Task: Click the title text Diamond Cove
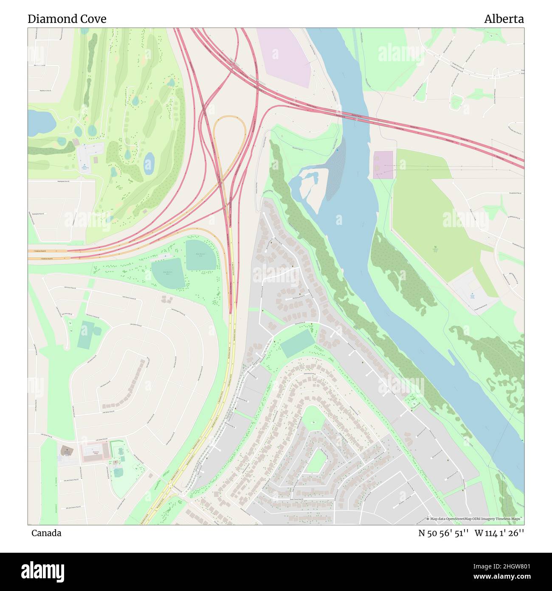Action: tap(67, 19)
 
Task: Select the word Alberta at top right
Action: tap(504, 19)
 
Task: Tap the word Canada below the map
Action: tap(46, 533)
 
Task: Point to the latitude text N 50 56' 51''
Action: tap(443, 533)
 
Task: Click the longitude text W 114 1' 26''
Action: tap(499, 533)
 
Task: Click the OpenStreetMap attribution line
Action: tap(475, 519)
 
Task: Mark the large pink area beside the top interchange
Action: tap(283, 55)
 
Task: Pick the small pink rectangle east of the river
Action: tap(383, 165)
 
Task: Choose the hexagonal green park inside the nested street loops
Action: tap(315, 462)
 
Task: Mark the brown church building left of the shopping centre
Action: tap(67, 450)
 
